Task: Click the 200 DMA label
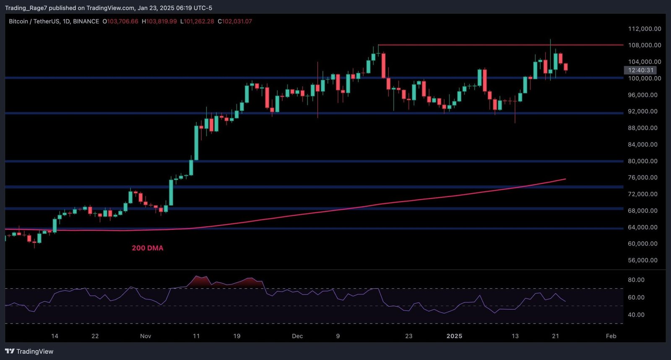click(x=147, y=248)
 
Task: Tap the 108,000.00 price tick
click(x=644, y=45)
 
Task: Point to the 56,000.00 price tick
click(x=642, y=260)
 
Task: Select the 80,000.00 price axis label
click(x=642, y=161)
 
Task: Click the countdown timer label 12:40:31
click(x=640, y=70)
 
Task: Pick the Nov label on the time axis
click(x=146, y=336)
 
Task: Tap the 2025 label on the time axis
click(x=454, y=336)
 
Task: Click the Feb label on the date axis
click(x=611, y=336)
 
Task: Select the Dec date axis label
click(x=297, y=336)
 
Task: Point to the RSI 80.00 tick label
click(x=636, y=280)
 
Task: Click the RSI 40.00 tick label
click(x=636, y=315)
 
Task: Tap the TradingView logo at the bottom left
click(x=29, y=352)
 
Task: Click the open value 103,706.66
click(x=122, y=21)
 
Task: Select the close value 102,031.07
click(x=237, y=21)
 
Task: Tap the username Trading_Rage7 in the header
click(x=26, y=8)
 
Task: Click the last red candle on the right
click(x=566, y=67)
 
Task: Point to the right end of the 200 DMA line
click(x=565, y=179)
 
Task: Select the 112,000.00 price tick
click(x=644, y=29)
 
